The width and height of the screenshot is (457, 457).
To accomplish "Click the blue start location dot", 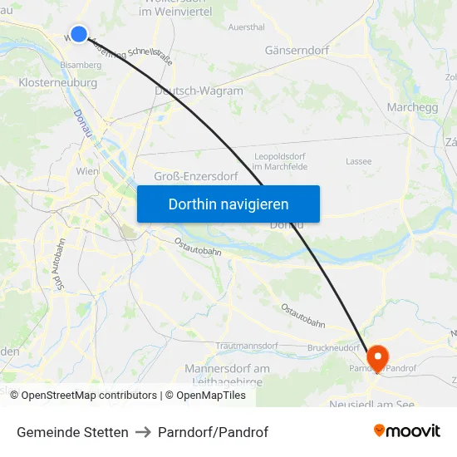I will pyautogui.click(x=79, y=33).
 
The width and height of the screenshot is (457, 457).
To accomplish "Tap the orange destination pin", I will pyautogui.click(x=377, y=357).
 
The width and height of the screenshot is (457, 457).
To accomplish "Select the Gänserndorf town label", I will pyautogui.click(x=297, y=51).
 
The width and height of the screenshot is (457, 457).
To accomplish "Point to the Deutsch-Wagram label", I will pyautogui.click(x=199, y=91).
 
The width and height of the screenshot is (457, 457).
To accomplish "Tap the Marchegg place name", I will pyautogui.click(x=413, y=107).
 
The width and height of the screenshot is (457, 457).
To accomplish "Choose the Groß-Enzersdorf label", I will pyautogui.click(x=196, y=176).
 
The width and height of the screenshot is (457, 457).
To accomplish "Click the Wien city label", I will pyautogui.click(x=87, y=171).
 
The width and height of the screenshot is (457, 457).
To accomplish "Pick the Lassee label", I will pyautogui.click(x=358, y=161).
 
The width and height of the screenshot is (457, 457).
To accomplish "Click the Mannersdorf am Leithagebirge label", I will pyautogui.click(x=227, y=374).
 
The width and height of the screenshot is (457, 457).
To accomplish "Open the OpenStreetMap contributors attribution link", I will pyautogui.click(x=89, y=396).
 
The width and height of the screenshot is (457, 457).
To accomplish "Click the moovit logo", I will pyautogui.click(x=407, y=430).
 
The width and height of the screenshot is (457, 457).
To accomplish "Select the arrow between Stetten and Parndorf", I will pyautogui.click(x=143, y=432).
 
